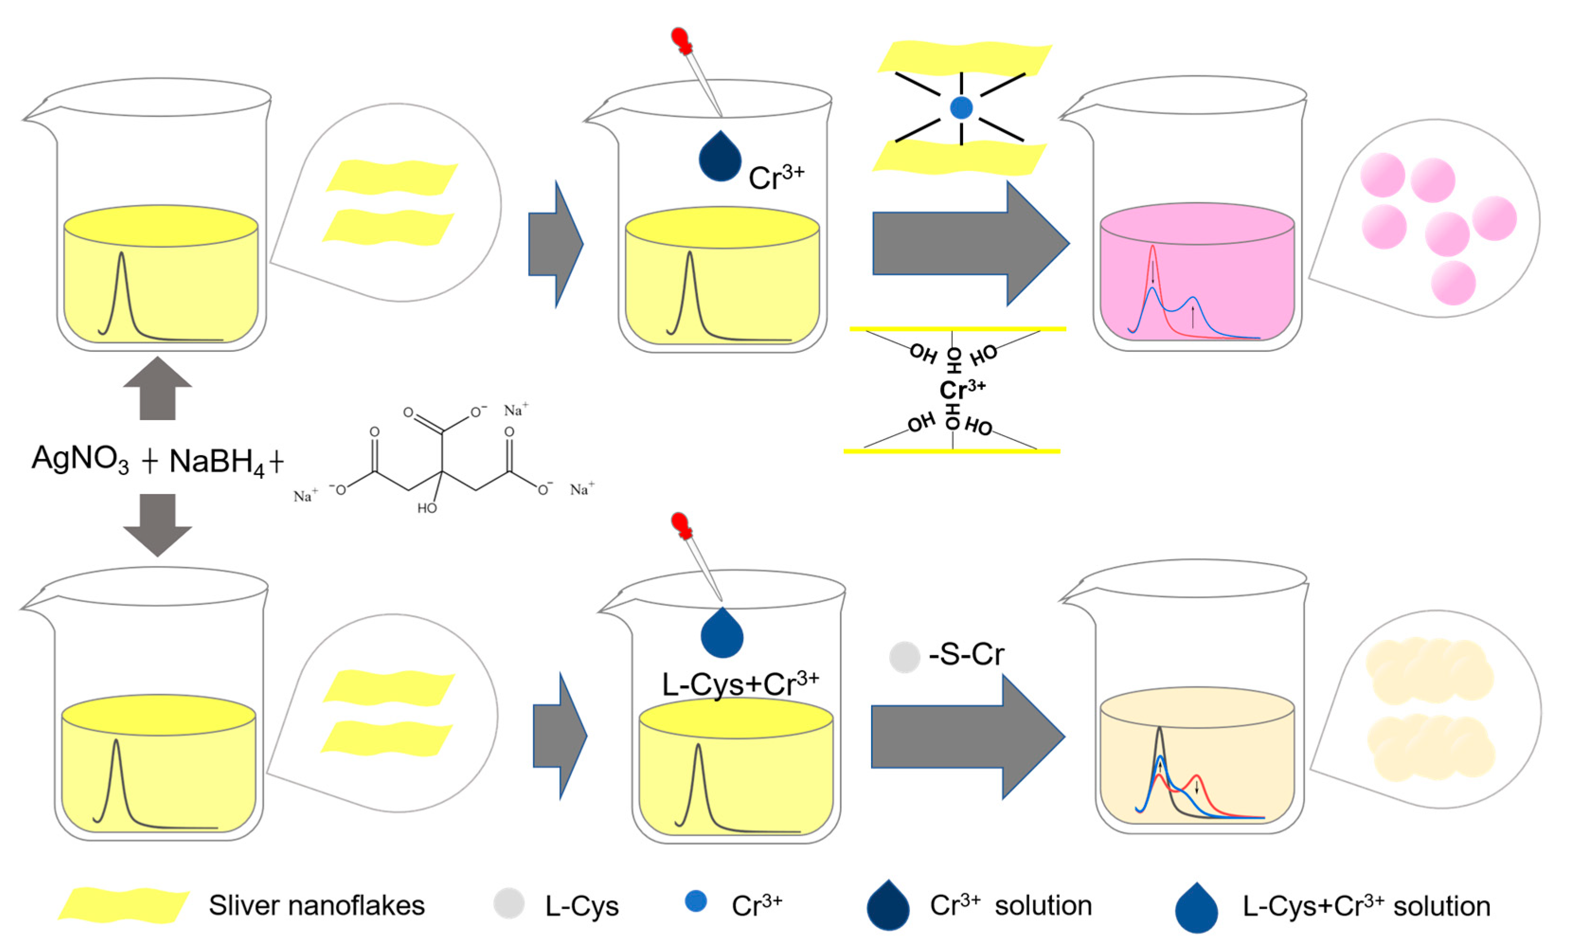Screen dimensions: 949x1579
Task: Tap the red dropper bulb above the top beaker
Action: (681, 40)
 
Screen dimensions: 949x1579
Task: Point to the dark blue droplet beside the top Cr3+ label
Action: (720, 157)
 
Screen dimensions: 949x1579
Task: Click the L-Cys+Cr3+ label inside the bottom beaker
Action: (740, 685)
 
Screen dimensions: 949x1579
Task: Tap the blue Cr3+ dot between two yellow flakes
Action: (961, 107)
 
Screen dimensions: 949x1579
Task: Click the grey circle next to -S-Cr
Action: (904, 657)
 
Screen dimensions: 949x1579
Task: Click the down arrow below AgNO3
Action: (157, 523)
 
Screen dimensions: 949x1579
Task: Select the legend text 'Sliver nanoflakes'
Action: (316, 905)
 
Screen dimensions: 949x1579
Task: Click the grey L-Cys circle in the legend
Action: (509, 903)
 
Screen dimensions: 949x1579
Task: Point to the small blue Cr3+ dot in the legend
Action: (696, 901)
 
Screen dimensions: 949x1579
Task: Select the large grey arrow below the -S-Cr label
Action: (967, 737)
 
